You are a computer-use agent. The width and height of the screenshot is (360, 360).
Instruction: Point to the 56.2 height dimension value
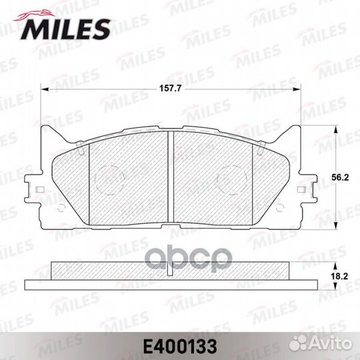point(341,178)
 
